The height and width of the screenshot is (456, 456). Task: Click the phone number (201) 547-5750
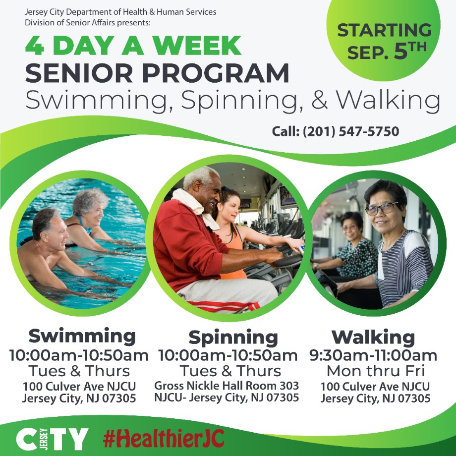click(x=351, y=131)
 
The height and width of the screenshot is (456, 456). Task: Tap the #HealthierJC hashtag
click(x=164, y=439)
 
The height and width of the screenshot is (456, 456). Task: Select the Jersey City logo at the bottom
click(x=52, y=439)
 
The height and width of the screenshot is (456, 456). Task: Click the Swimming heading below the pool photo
click(x=82, y=336)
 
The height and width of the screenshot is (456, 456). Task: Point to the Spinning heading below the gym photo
click(x=233, y=338)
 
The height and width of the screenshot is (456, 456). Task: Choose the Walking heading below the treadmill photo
click(x=373, y=338)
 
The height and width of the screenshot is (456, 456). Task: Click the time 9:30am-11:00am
click(x=373, y=355)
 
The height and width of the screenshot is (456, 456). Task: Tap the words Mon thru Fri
click(x=376, y=371)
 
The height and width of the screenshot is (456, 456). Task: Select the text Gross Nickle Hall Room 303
click(x=227, y=386)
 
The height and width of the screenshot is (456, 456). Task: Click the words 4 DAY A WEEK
click(x=133, y=46)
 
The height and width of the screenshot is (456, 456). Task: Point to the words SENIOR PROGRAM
click(x=157, y=73)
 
